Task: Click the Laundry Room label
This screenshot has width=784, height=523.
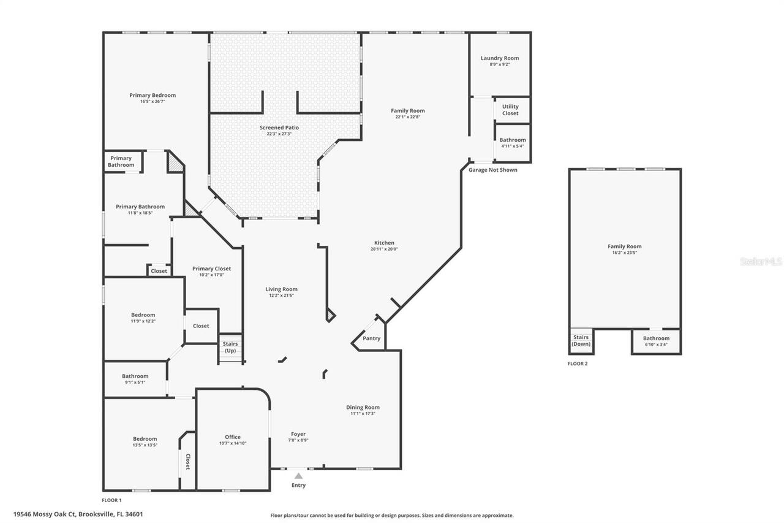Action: click(499, 58)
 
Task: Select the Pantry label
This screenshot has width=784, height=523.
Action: click(371, 338)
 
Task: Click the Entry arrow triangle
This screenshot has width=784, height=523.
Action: click(298, 475)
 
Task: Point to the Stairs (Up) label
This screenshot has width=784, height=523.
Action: click(230, 347)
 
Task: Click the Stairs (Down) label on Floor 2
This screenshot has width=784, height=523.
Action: click(581, 340)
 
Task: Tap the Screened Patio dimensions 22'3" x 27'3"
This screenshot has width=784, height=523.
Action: click(279, 134)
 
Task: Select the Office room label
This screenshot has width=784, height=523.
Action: click(233, 437)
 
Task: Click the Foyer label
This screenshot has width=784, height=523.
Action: click(298, 434)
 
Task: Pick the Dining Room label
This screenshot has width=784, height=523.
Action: click(363, 407)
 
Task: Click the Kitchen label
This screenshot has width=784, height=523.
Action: click(384, 243)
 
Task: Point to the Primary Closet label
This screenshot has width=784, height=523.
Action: click(211, 269)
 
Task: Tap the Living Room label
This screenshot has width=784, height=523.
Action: click(281, 289)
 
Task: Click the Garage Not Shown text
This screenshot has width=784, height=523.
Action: click(492, 170)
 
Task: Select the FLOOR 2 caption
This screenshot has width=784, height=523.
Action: click(577, 364)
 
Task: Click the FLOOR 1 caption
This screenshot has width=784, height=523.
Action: click(111, 500)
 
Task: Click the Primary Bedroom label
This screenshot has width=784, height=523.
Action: click(153, 95)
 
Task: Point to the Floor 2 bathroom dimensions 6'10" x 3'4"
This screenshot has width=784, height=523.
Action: click(656, 345)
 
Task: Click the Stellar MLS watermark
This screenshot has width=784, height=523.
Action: click(761, 262)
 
